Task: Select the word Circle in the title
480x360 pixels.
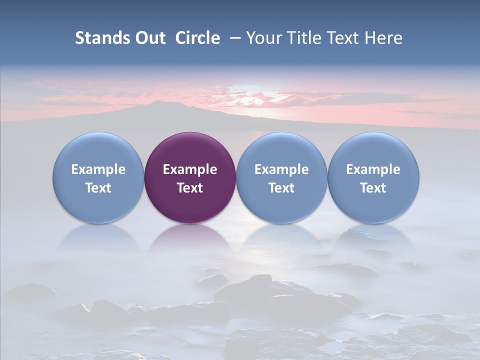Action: click(x=197, y=38)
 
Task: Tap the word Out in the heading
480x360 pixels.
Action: click(x=150, y=38)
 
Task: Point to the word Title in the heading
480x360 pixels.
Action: click(x=300, y=38)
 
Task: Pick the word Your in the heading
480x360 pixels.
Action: click(x=263, y=38)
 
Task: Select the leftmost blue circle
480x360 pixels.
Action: click(x=98, y=150)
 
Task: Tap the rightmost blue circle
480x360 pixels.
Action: click(x=373, y=150)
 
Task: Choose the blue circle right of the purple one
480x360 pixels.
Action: click(x=281, y=150)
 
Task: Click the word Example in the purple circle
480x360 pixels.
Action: click(x=190, y=169)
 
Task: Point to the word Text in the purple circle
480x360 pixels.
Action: click(x=190, y=188)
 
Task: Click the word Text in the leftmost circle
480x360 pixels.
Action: click(x=98, y=188)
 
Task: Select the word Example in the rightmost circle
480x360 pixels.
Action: click(x=373, y=169)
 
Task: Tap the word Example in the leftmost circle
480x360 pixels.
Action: click(x=98, y=169)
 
